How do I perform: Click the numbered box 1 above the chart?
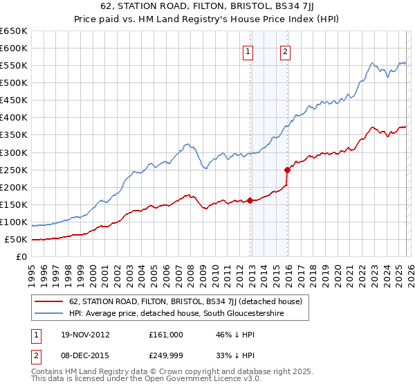[x=248, y=50]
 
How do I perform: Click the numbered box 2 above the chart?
[x=285, y=50]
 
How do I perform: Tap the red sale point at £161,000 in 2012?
[x=250, y=200]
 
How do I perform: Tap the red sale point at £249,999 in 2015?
[x=287, y=169]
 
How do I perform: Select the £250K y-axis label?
[x=14, y=170]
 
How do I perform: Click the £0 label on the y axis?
[x=21, y=256]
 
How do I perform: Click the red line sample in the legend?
[x=50, y=301]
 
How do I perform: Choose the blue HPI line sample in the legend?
[x=50, y=314]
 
